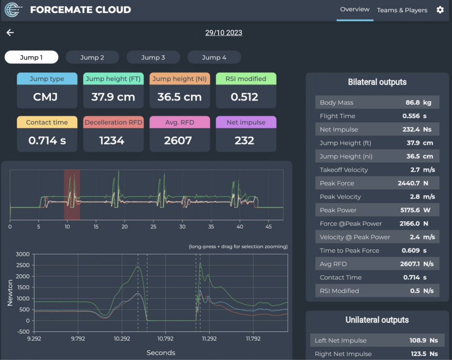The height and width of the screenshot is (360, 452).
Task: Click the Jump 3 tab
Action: tap(153, 57)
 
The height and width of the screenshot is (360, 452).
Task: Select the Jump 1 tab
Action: tap(31, 57)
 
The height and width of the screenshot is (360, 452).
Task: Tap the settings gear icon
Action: tap(440, 10)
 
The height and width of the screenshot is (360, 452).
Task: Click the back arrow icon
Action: tap(10, 33)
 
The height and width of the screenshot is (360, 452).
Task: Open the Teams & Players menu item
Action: tap(402, 10)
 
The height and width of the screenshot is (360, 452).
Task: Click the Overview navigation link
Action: tap(354, 9)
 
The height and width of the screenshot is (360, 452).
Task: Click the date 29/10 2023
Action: tap(223, 33)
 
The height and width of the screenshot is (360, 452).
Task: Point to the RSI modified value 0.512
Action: tap(246, 97)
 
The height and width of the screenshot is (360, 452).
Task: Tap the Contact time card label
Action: tap(47, 122)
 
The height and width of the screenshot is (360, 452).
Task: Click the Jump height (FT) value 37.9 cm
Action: tap(113, 97)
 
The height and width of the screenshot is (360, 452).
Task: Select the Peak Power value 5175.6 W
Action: tap(420, 210)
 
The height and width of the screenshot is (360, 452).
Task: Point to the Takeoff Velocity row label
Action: tap(343, 170)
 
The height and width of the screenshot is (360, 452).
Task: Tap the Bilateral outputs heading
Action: tap(377, 82)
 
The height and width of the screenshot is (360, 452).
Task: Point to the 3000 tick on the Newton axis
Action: tap(22, 254)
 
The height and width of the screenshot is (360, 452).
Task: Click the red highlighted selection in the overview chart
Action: tap(72, 194)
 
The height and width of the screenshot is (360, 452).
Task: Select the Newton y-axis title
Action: tap(10, 292)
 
